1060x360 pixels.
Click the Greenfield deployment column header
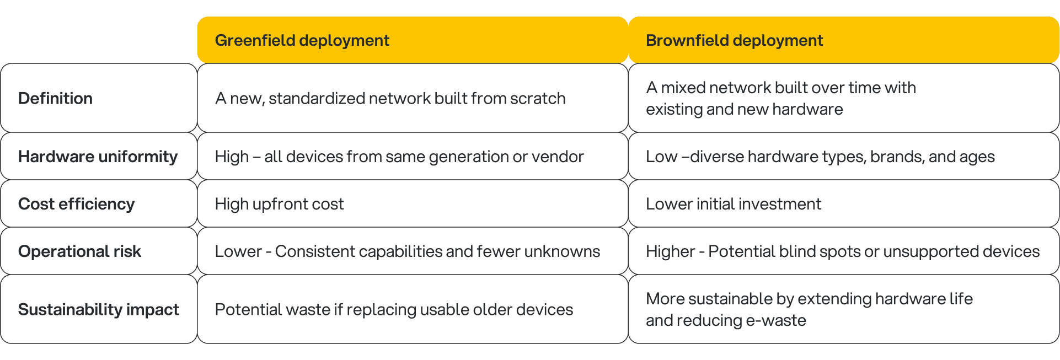302,40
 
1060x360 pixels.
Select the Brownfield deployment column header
734,40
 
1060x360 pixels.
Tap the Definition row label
55,98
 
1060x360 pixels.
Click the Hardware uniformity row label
98,157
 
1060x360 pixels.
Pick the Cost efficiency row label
76,204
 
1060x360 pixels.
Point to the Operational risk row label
79,251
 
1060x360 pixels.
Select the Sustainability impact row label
98,309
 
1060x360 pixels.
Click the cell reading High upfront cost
279,204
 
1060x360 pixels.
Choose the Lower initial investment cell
734,204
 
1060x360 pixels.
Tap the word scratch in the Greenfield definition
538,98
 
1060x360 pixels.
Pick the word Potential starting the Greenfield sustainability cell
242,309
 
